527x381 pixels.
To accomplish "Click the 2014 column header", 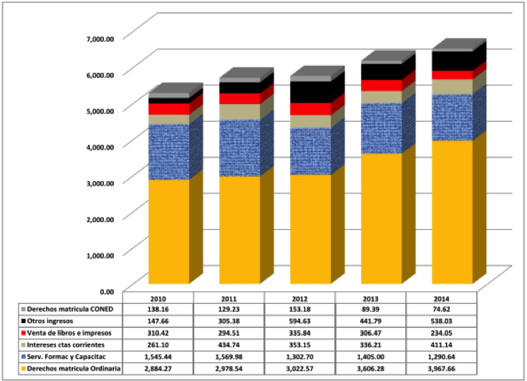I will [x=441, y=297].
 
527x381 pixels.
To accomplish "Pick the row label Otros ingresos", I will [x=44, y=320].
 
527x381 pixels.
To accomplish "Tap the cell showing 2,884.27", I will [x=158, y=369].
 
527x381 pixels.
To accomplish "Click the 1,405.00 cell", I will [x=370, y=357].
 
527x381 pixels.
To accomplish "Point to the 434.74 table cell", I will [x=229, y=344].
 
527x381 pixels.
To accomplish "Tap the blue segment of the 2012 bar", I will [x=311, y=151].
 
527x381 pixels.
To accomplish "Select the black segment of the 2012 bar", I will [x=311, y=92].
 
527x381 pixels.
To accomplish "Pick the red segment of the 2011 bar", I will [x=240, y=99].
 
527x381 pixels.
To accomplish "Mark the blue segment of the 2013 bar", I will [x=382, y=128].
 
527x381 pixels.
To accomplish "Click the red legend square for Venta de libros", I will [x=7, y=332].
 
